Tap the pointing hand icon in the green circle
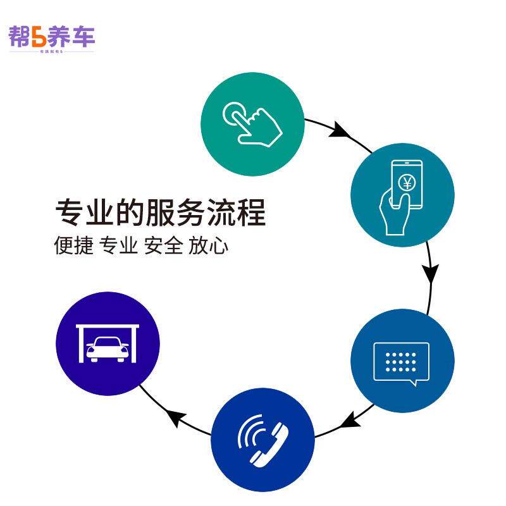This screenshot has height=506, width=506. pyautogui.click(x=253, y=121)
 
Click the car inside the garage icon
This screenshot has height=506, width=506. pyautogui.click(x=108, y=350)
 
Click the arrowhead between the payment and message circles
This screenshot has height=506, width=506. pyautogui.click(x=431, y=274)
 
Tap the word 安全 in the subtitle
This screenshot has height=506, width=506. pyautogui.click(x=163, y=245)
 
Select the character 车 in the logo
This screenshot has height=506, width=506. pyautogui.click(x=82, y=37)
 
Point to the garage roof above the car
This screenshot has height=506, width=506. pyautogui.click(x=108, y=328)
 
